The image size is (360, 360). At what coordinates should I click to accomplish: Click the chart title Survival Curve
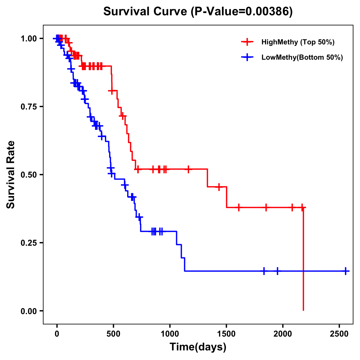pyautogui.click(x=146, y=11)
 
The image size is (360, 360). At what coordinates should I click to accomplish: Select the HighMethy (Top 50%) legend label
pyautogui.click(x=298, y=42)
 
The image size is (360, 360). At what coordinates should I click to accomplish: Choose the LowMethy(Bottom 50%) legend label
pyautogui.click(x=302, y=58)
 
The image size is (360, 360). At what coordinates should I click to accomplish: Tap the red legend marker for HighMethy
pyautogui.click(x=247, y=42)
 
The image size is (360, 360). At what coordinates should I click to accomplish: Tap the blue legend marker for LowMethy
pyautogui.click(x=247, y=58)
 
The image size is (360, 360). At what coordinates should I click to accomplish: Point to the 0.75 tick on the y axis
pyautogui.click(x=28, y=107)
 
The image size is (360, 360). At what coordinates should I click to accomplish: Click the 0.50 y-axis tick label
pyautogui.click(x=28, y=175)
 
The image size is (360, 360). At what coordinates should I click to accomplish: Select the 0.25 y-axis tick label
pyautogui.click(x=28, y=243)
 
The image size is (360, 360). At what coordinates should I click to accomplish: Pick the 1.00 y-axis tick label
pyautogui.click(x=28, y=39)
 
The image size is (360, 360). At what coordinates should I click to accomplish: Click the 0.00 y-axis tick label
pyautogui.click(x=28, y=311)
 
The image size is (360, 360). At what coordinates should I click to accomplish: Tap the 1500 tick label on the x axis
pyautogui.click(x=226, y=334)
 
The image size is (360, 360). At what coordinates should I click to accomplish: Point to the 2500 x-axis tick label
pyautogui.click(x=339, y=334)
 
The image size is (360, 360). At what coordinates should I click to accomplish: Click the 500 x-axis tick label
pyautogui.click(x=113, y=334)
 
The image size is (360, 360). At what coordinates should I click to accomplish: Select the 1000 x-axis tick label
pyautogui.click(x=170, y=334)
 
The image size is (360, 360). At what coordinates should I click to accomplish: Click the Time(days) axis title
pyautogui.click(x=198, y=347)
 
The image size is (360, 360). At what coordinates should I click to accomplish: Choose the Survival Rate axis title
pyautogui.click(x=11, y=175)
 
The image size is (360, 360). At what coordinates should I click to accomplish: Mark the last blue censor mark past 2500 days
pyautogui.click(x=346, y=271)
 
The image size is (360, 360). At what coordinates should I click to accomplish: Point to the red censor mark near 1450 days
pyautogui.click(x=219, y=187)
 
